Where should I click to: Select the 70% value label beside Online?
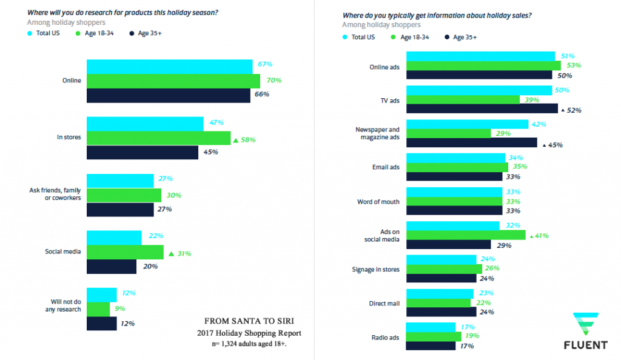point(274,80)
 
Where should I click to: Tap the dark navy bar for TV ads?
point(482,109)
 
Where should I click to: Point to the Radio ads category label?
point(384,338)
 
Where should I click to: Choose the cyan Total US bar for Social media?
point(114,237)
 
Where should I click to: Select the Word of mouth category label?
point(379,201)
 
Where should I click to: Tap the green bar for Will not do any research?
point(98,309)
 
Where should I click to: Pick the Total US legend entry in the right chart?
point(358,37)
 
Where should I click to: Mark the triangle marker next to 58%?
point(236,140)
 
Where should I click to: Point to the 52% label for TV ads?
point(575,110)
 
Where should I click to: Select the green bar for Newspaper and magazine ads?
point(448,133)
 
